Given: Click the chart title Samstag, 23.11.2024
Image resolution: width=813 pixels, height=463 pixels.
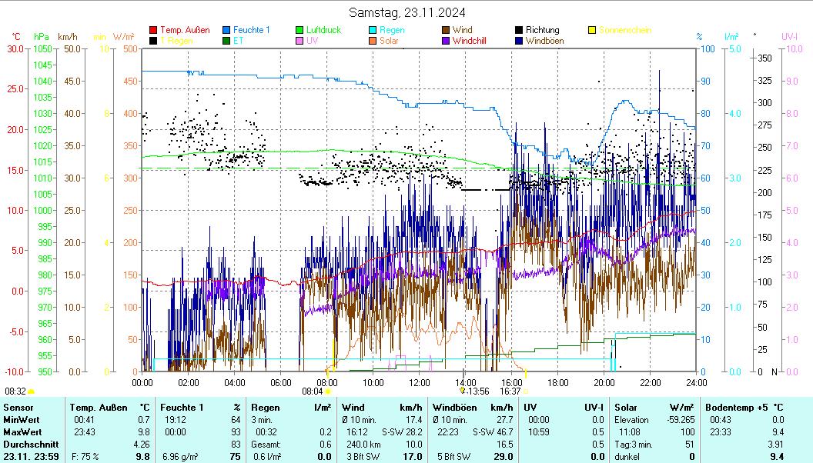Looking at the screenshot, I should pyautogui.click(x=406, y=12).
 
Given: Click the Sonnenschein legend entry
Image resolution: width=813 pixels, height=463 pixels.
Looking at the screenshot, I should pyautogui.click(x=624, y=30).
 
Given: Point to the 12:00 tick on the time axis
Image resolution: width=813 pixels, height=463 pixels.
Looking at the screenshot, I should pyautogui.click(x=419, y=382).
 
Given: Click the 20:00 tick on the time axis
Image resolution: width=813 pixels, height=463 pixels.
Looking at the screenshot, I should pyautogui.click(x=604, y=382).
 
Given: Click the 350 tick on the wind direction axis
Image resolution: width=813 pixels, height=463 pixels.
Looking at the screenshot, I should pyautogui.click(x=764, y=58).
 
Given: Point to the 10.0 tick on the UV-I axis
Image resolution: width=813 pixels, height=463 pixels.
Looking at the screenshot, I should pyautogui.click(x=790, y=48).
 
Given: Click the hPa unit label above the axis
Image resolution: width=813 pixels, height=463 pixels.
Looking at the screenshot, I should pyautogui.click(x=41, y=36).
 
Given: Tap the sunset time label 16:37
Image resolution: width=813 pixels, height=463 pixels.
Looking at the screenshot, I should pyautogui.click(x=510, y=391).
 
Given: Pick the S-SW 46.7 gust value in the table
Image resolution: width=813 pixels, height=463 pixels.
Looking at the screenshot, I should pyautogui.click(x=493, y=433).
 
